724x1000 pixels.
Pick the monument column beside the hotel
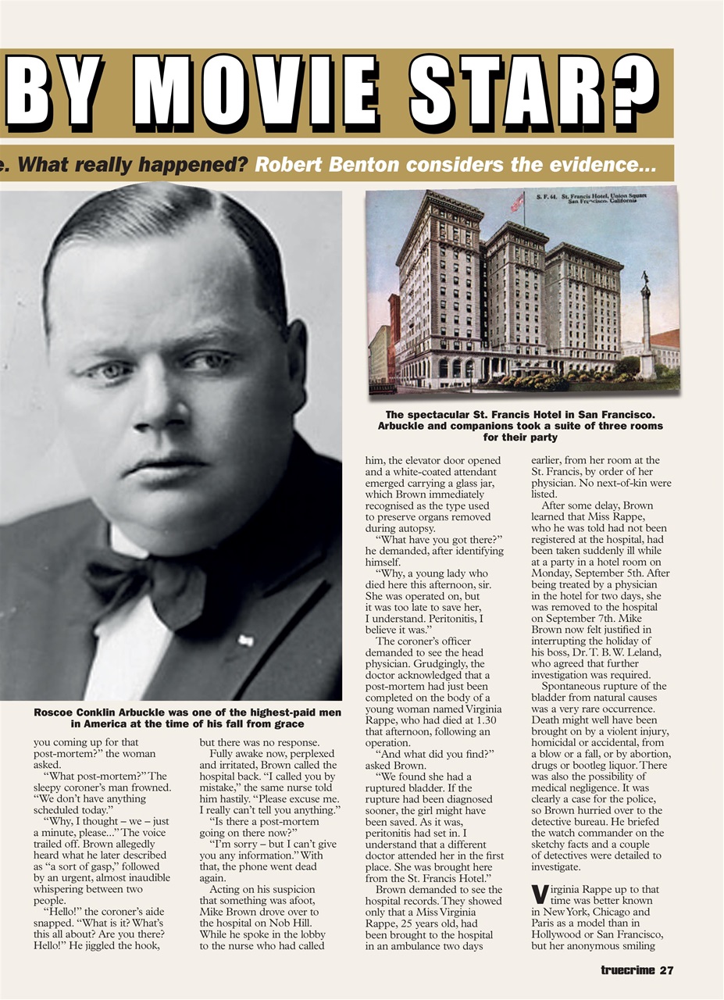pyautogui.click(x=646, y=328)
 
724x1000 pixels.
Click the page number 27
pyautogui.click(x=665, y=971)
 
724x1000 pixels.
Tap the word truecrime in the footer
pyautogui.click(x=628, y=971)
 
